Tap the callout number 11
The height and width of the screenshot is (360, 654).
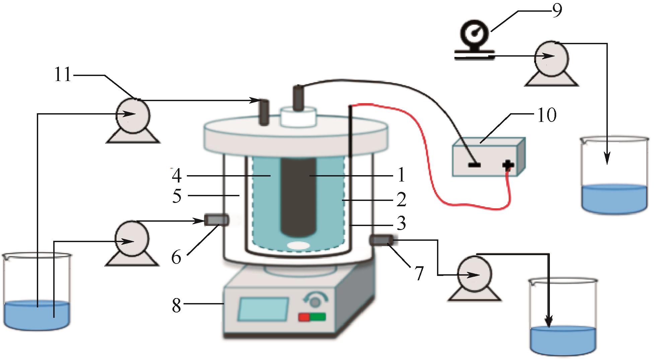point(63,75)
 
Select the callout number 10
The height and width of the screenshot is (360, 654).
point(547,115)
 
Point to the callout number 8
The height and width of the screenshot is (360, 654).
point(176,305)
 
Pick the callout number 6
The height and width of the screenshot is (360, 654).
point(176,258)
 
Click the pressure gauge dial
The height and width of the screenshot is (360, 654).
point(475,34)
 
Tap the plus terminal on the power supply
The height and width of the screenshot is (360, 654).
point(508,164)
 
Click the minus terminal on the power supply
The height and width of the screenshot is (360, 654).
point(474,165)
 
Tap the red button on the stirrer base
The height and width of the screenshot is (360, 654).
point(304,317)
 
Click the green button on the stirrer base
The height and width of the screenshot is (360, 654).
point(317,317)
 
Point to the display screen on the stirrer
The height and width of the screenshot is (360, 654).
point(263,308)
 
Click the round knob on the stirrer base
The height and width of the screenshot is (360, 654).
point(314,302)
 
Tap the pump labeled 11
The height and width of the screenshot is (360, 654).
point(133,115)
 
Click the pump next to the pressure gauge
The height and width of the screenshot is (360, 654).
point(551,58)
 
